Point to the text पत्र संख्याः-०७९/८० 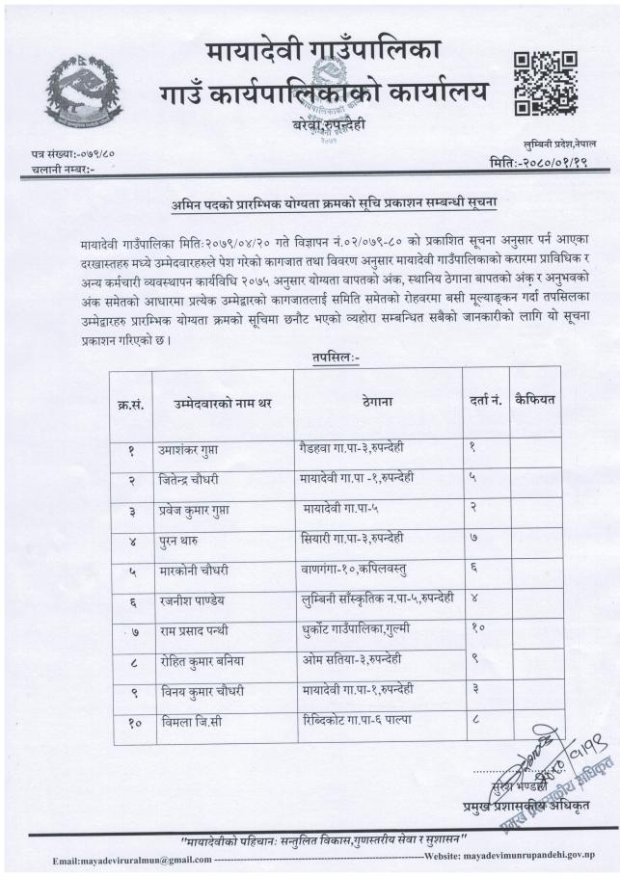pos(73,154)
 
